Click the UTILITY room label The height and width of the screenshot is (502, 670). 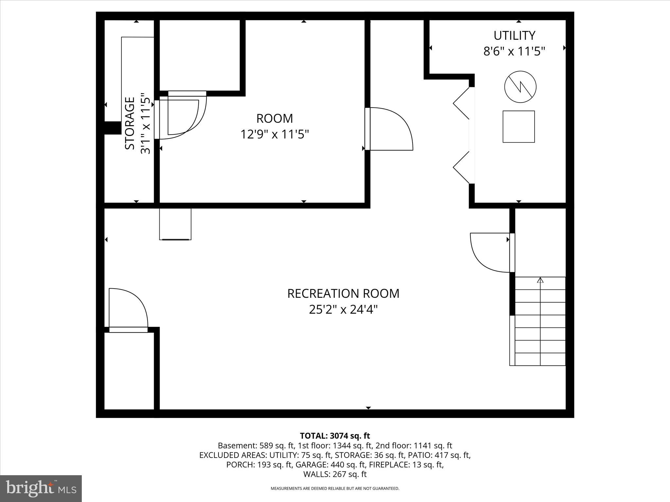tap(514, 35)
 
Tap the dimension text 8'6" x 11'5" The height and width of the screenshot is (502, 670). tap(514, 51)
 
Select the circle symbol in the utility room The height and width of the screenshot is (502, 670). tap(520, 87)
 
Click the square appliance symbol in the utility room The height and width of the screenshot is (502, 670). tap(519, 126)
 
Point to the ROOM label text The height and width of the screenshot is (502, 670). tap(274, 118)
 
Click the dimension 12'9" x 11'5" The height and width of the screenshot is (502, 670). tap(274, 134)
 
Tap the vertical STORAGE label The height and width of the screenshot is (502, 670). tap(130, 123)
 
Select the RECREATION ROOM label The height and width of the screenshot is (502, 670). tap(343, 293)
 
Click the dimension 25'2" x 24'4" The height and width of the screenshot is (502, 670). tap(343, 310)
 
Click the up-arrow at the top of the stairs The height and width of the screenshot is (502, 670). tap(540, 280)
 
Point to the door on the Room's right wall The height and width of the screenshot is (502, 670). tap(391, 129)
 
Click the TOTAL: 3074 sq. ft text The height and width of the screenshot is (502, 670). tap(335, 436)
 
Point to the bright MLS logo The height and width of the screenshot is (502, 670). tap(41, 489)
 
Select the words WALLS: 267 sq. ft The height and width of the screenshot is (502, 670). tap(335, 474)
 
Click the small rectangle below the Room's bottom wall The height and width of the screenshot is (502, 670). tap(175, 224)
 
